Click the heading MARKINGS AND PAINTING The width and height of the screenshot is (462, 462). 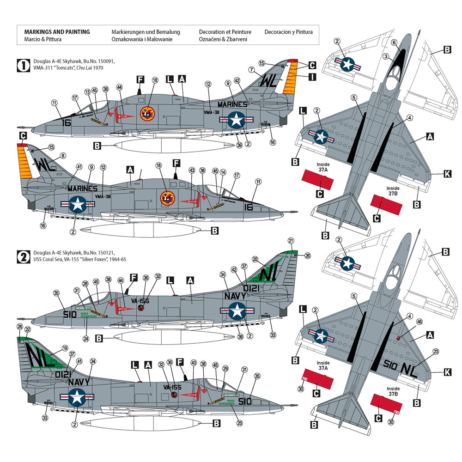pos(55,32)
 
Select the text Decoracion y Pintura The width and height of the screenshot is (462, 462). pos(288,32)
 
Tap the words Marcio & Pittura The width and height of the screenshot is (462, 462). pos(39,39)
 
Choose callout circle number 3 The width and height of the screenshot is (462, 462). pos(385,56)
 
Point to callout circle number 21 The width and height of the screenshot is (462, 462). pos(291,241)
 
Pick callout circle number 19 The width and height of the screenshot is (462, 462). pos(65,348)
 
